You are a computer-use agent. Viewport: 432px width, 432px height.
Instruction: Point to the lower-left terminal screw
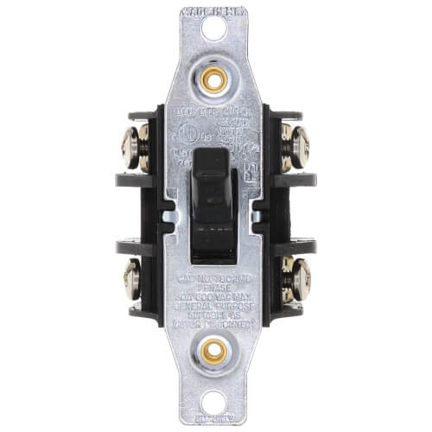[x=134, y=279]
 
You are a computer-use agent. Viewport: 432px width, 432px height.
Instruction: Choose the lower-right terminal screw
[x=296, y=279]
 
